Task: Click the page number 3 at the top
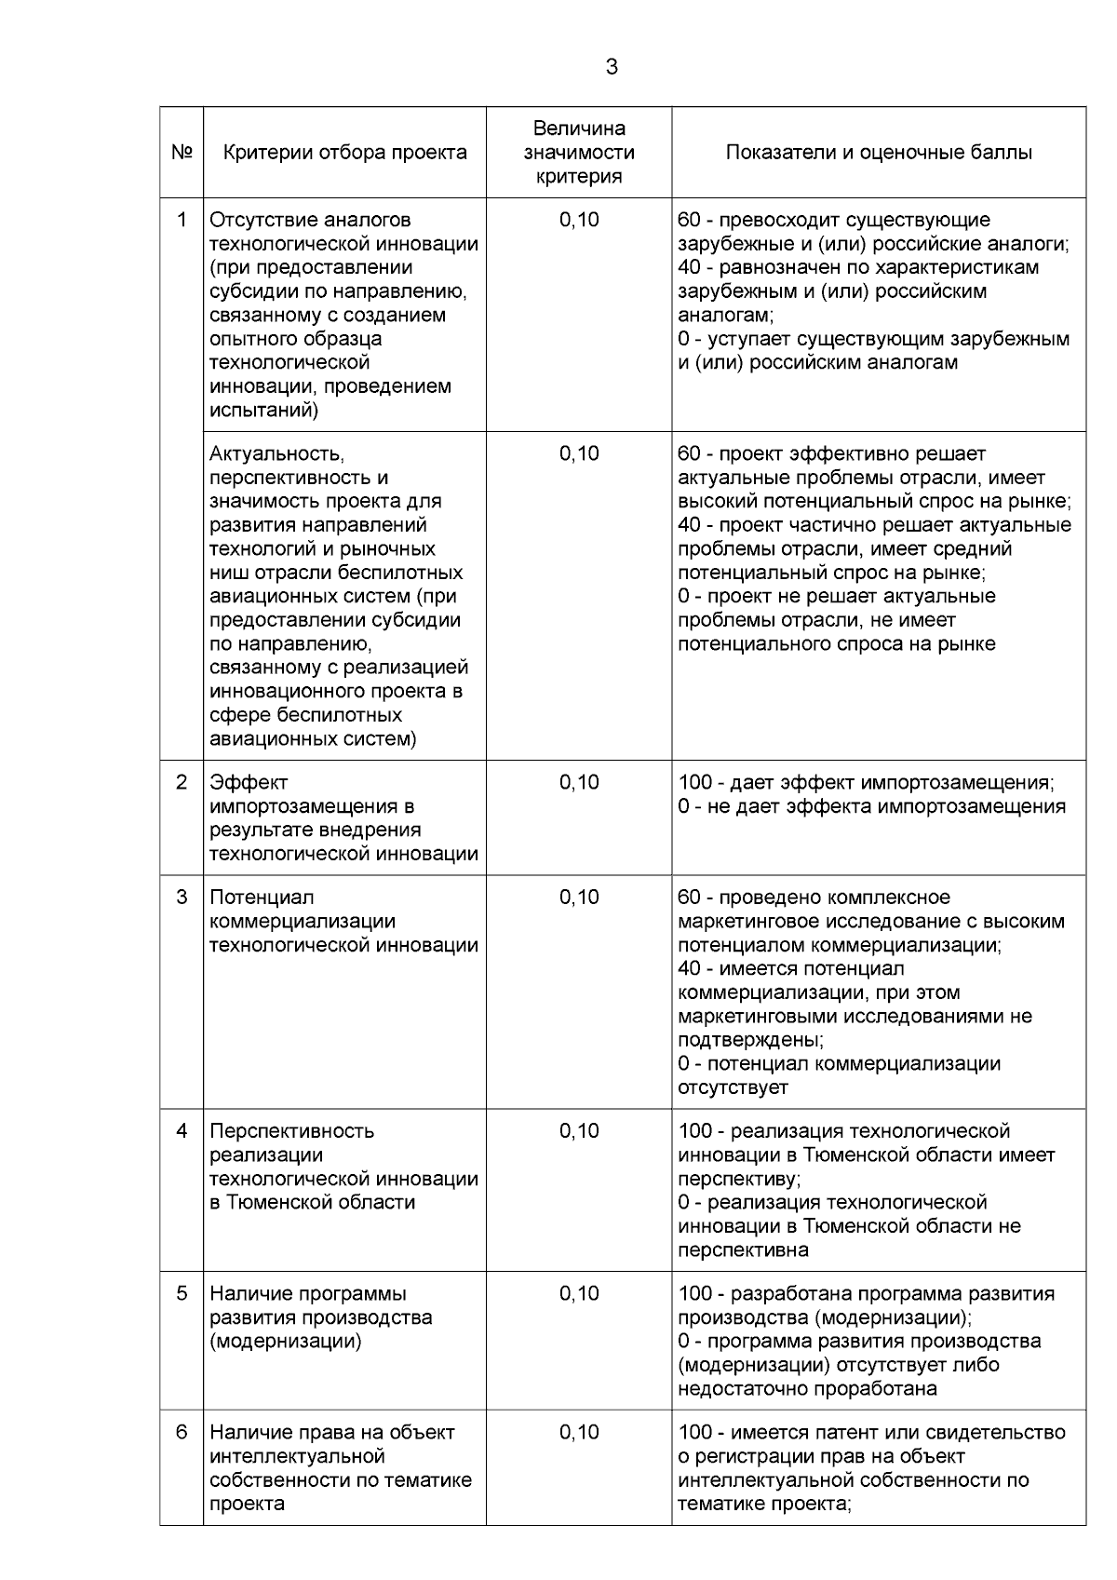point(612,67)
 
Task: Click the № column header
point(182,153)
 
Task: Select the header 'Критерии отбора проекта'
point(345,153)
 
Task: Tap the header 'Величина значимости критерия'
point(579,153)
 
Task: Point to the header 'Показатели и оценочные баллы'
point(879,153)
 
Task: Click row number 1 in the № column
point(182,220)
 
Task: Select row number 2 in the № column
point(182,782)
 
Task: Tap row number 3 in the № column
point(182,897)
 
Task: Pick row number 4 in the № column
point(182,1130)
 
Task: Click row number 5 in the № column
point(182,1293)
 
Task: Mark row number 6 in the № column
point(182,1432)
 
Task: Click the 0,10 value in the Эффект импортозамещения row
point(579,782)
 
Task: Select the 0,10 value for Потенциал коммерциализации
point(579,897)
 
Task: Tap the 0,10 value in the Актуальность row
point(579,453)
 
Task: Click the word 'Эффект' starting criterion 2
point(249,782)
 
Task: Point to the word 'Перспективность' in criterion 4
point(291,1130)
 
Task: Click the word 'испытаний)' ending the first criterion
point(263,410)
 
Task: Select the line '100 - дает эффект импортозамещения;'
point(866,782)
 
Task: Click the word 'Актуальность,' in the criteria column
point(276,453)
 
